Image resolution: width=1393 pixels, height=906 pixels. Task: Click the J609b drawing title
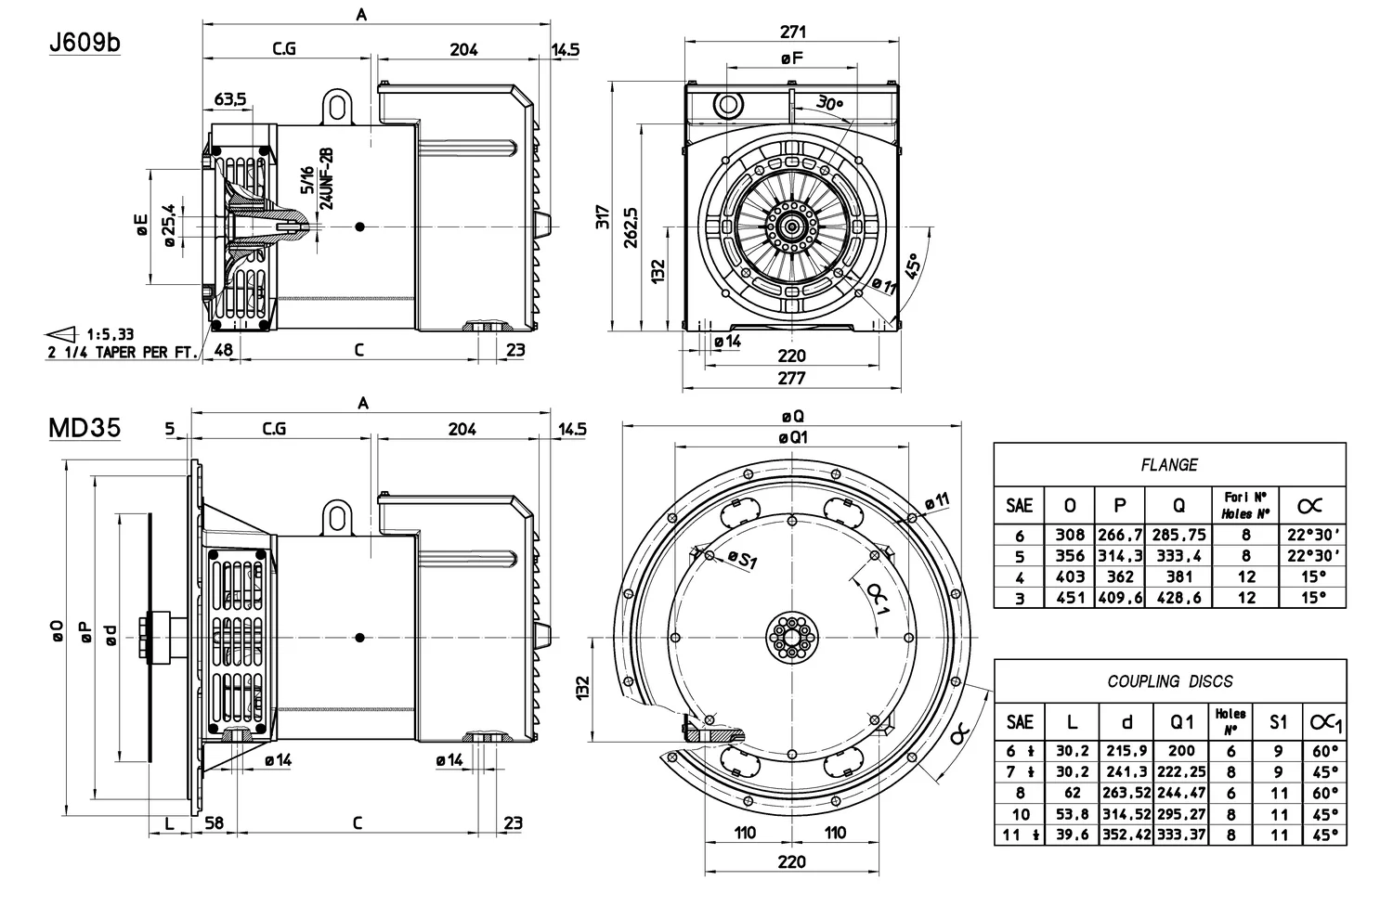85,44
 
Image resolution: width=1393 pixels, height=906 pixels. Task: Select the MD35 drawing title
85,428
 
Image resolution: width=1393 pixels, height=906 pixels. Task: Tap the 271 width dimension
792,32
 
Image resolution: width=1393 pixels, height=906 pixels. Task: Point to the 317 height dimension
604,217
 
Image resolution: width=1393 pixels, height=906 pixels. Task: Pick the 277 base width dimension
791,378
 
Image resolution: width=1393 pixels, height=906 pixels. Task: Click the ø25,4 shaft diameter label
170,226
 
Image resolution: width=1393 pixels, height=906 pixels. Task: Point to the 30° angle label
829,104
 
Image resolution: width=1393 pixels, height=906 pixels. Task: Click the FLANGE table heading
1169,465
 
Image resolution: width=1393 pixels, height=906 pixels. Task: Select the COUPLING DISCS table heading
1170,681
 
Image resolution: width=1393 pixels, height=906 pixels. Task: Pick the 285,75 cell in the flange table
1178,535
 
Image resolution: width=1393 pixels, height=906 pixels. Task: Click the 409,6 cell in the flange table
1121,598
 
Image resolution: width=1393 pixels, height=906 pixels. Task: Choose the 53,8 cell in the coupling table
1072,814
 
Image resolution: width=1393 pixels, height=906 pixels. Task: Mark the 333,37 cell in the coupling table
1182,835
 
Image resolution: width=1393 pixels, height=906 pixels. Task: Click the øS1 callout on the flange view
743,559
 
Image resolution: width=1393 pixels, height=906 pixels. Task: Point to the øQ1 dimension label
792,436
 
